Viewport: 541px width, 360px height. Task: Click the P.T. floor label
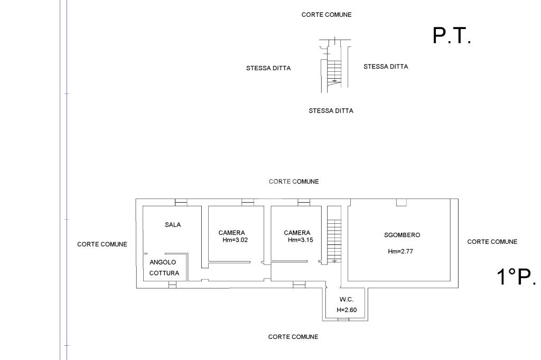click(x=452, y=36)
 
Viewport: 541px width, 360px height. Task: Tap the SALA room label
click(x=173, y=225)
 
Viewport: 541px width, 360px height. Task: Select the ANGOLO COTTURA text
click(x=164, y=268)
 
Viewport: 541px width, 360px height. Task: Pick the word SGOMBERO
click(x=402, y=235)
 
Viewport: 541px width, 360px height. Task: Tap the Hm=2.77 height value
click(x=400, y=252)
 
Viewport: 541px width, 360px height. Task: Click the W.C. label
click(x=347, y=299)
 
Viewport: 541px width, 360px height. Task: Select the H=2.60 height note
click(x=347, y=310)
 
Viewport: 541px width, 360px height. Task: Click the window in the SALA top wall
click(x=181, y=202)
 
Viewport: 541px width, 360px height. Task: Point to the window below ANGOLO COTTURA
click(x=172, y=285)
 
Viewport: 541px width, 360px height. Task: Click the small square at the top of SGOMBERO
click(x=402, y=202)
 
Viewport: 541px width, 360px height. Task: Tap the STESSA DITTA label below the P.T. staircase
click(x=331, y=111)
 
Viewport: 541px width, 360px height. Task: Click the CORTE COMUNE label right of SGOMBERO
click(x=492, y=242)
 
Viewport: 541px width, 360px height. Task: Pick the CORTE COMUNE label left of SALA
click(x=102, y=244)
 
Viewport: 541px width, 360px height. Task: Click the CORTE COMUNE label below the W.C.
click(x=293, y=337)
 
